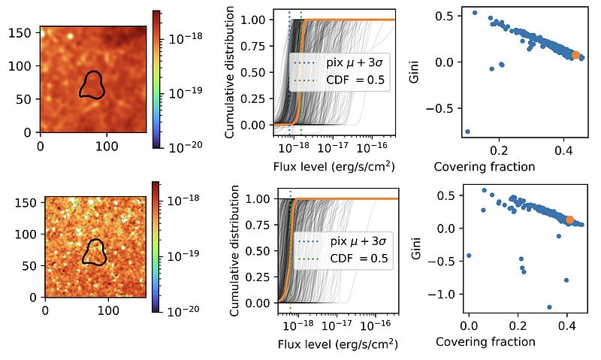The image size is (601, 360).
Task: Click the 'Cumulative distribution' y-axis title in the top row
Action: point(230,72)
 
